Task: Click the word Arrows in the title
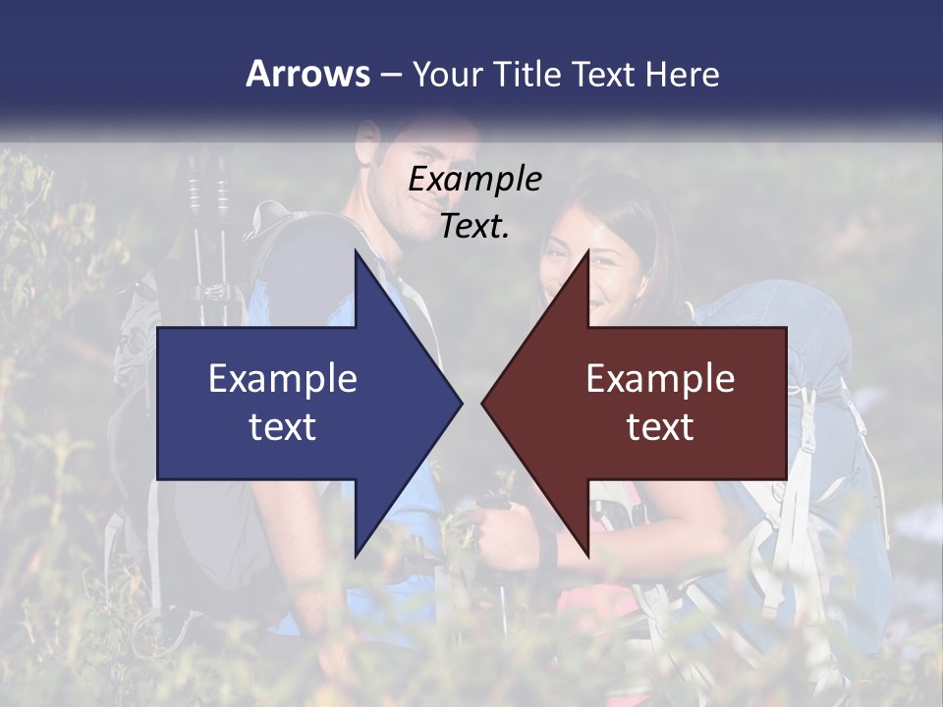tap(307, 74)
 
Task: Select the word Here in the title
tap(682, 74)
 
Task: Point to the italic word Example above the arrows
tap(474, 180)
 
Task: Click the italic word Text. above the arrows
tap(474, 227)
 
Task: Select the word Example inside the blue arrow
tap(283, 379)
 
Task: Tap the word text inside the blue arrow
tap(283, 427)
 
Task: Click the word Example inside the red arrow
tap(660, 379)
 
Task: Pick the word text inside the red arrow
tap(660, 427)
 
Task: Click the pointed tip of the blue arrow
tap(461, 403)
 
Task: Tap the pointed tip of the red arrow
tap(483, 403)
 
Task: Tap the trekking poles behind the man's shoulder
tap(208, 236)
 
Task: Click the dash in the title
tap(390, 75)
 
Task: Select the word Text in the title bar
tap(602, 74)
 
